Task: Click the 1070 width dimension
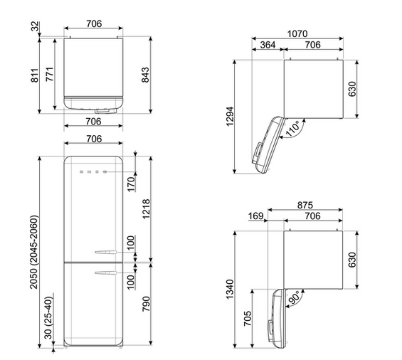click(x=297, y=33)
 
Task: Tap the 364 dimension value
click(x=268, y=45)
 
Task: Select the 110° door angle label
click(x=292, y=129)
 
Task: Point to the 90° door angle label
click(x=294, y=297)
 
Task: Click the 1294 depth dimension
click(x=230, y=116)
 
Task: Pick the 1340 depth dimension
click(x=230, y=290)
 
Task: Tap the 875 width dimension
click(x=305, y=205)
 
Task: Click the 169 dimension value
click(x=255, y=216)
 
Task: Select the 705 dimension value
click(x=248, y=319)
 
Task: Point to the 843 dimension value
click(x=145, y=75)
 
